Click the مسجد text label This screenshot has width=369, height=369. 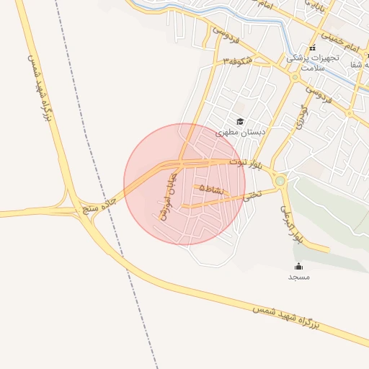pyautogui.click(x=298, y=277)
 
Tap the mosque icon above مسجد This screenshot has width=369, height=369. pyautogui.click(x=298, y=267)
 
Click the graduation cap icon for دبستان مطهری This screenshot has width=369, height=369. pyautogui.click(x=240, y=121)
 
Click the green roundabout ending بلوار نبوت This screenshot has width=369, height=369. pyautogui.click(x=280, y=181)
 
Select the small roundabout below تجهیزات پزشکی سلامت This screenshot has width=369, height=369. pyautogui.click(x=295, y=77)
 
